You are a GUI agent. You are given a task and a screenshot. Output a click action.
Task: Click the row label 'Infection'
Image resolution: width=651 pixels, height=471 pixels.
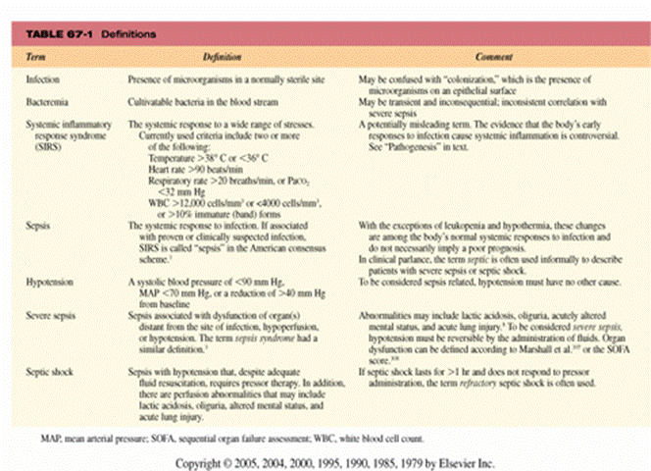point(45,78)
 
